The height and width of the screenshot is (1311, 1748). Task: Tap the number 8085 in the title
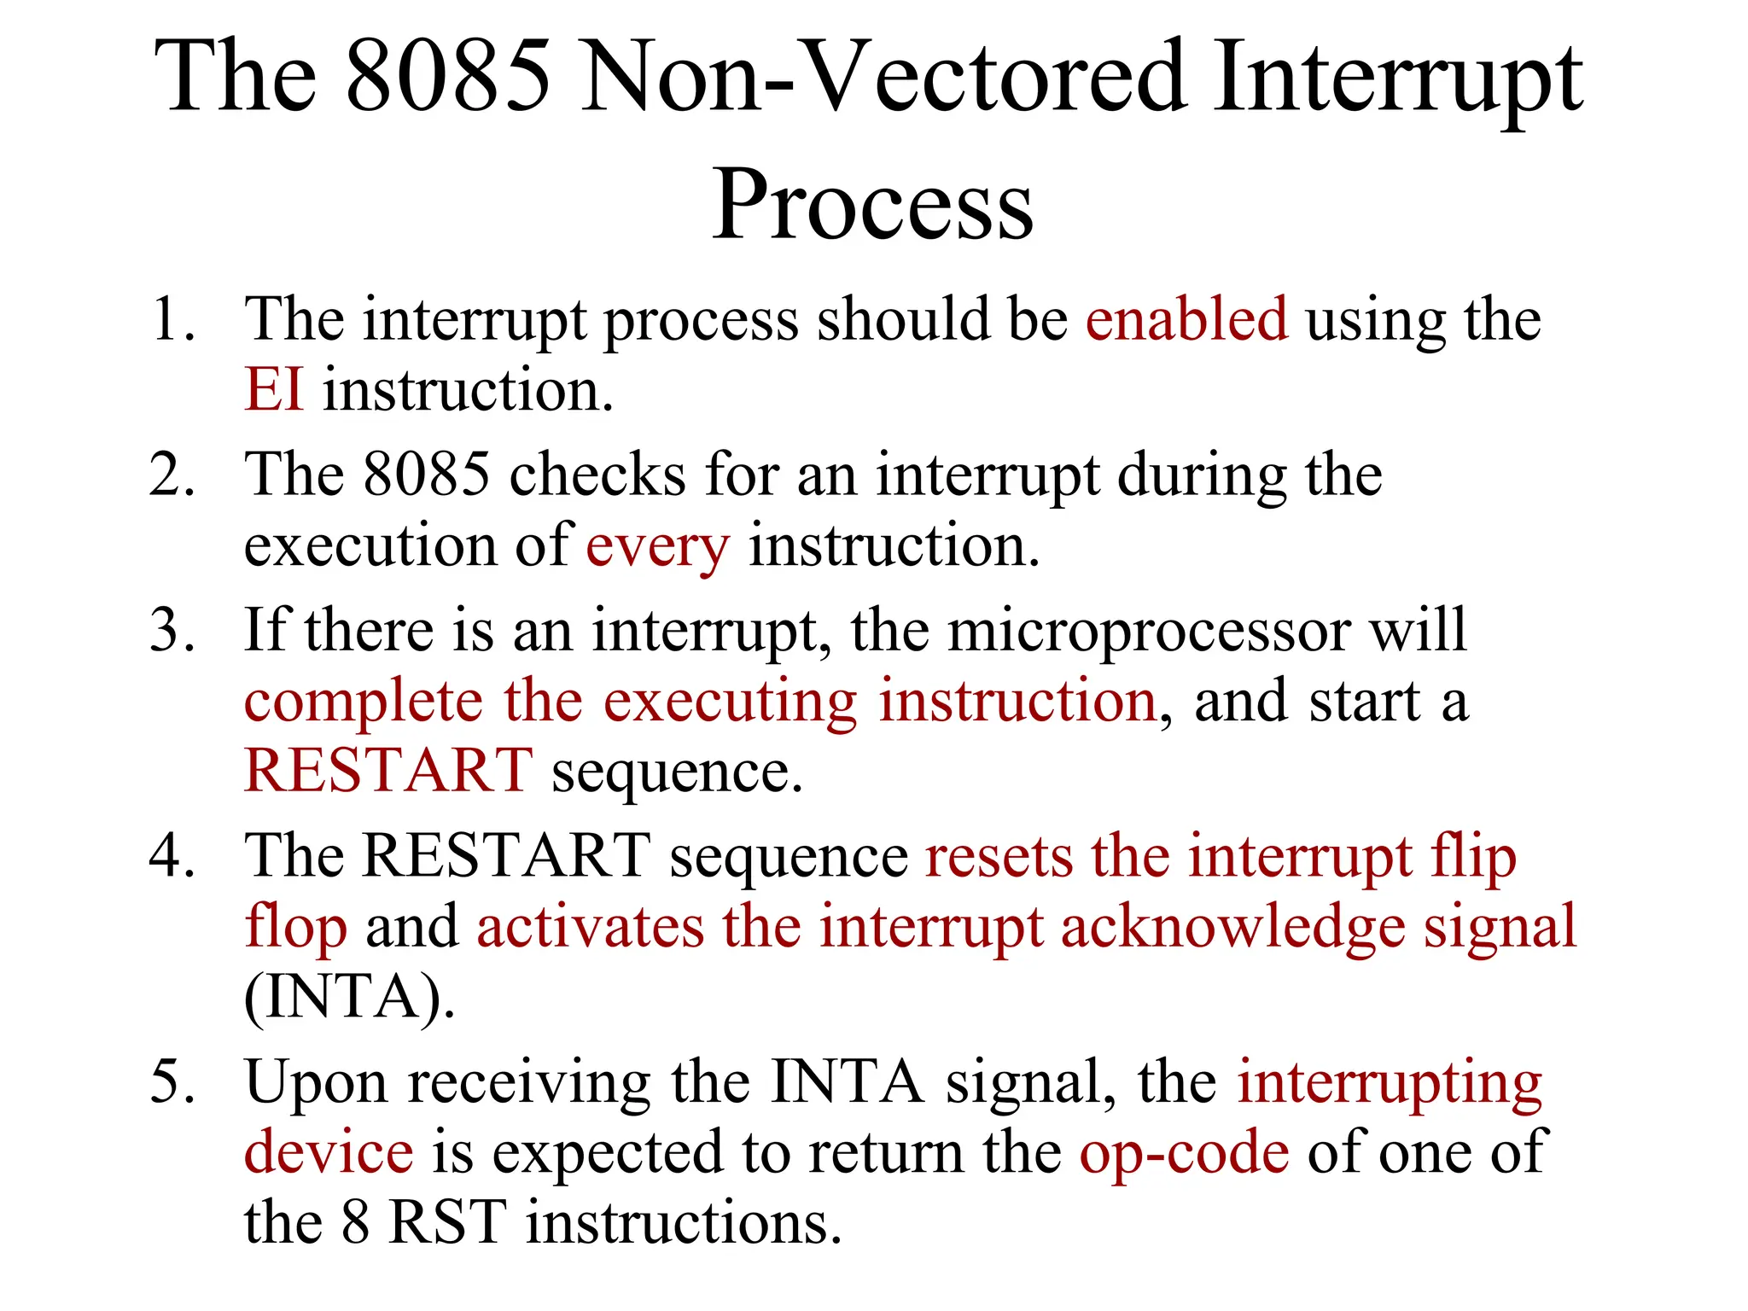pyautogui.click(x=450, y=79)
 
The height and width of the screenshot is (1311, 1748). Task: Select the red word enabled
pyautogui.click(x=1186, y=319)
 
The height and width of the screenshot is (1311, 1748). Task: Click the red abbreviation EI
pyautogui.click(x=273, y=390)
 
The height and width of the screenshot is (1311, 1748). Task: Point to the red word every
pyautogui.click(x=657, y=546)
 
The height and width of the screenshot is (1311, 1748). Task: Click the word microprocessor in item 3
pyautogui.click(x=1149, y=631)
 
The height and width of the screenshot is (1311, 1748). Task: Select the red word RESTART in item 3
pyautogui.click(x=388, y=771)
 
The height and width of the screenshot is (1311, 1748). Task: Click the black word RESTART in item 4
pyautogui.click(x=507, y=856)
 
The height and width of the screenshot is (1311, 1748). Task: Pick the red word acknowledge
pyautogui.click(x=1232, y=928)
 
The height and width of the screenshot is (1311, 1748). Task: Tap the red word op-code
pyautogui.click(x=1184, y=1153)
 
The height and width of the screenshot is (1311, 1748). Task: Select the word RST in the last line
pyautogui.click(x=447, y=1223)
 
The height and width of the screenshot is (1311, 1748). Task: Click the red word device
pyautogui.click(x=329, y=1153)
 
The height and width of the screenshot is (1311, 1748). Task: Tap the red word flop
pyautogui.click(x=295, y=928)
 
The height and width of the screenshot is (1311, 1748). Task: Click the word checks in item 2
pyautogui.click(x=597, y=475)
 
